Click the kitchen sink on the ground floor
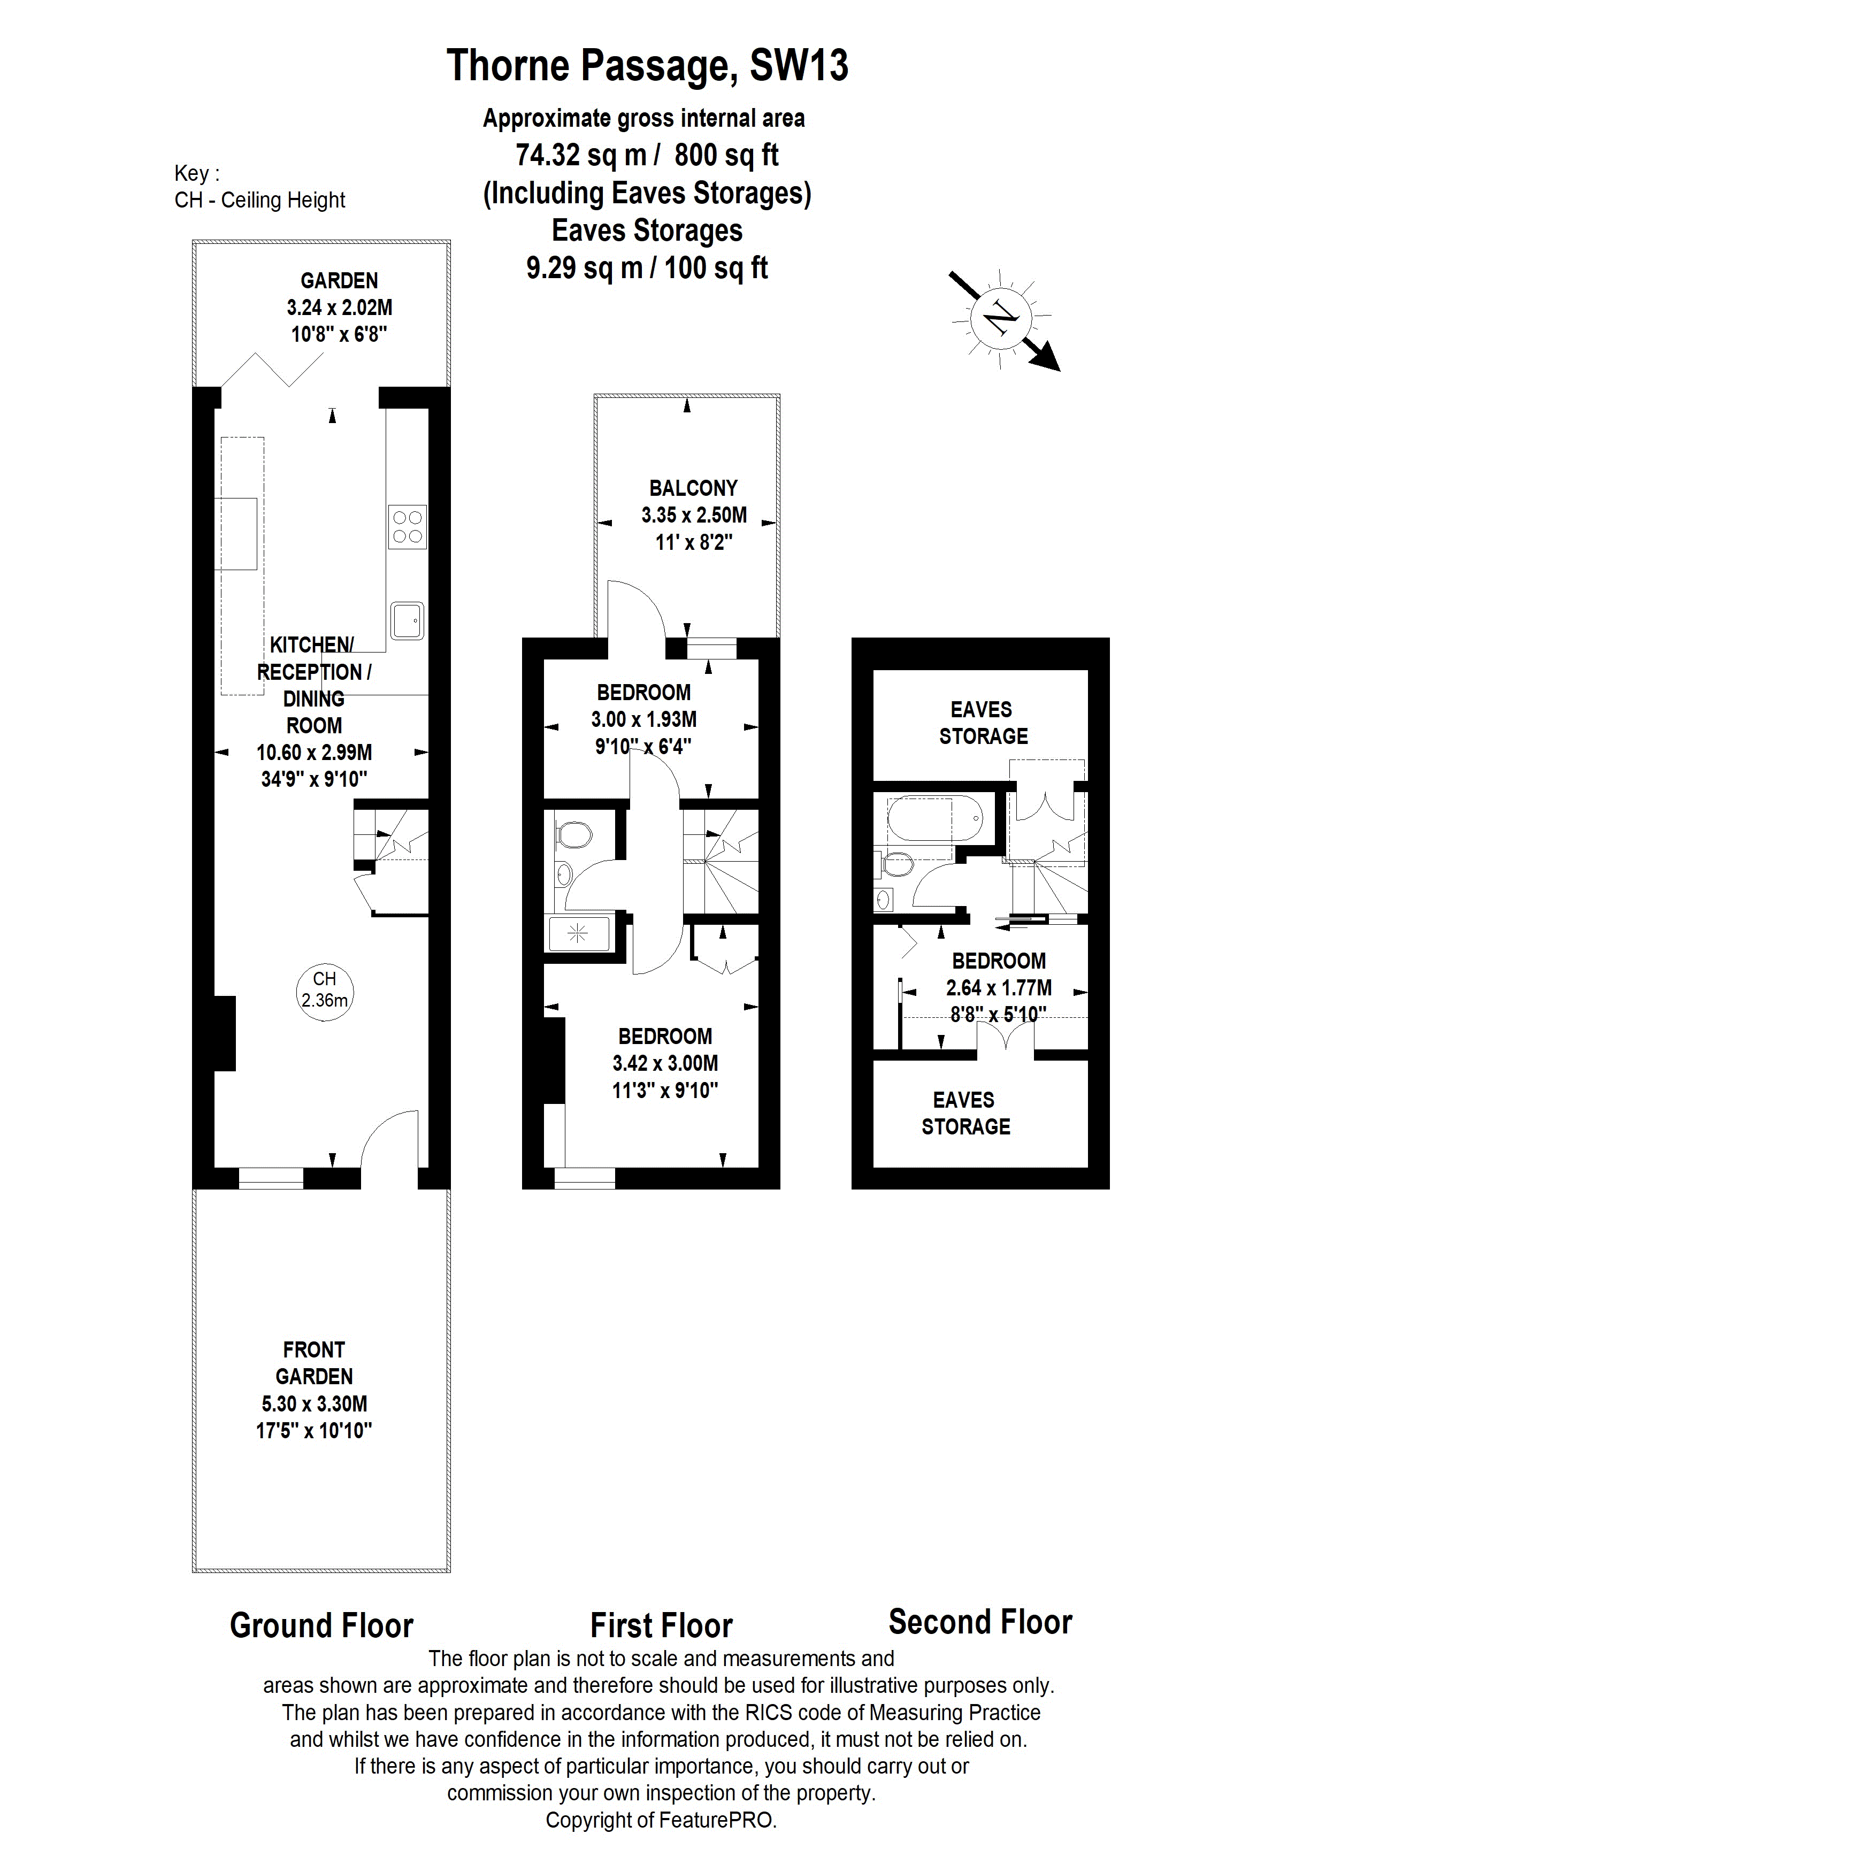click(x=407, y=619)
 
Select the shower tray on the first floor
click(x=578, y=933)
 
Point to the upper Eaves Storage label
click(x=983, y=723)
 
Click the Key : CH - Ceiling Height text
click(x=259, y=187)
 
